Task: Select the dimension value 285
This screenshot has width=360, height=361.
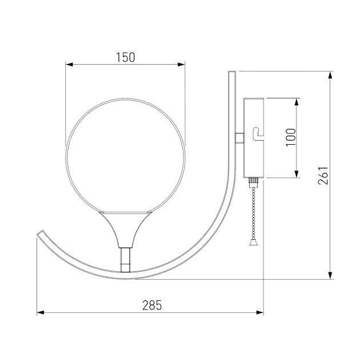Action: point(151,305)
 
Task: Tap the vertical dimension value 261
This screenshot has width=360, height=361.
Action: point(323,175)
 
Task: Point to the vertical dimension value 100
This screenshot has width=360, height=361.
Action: point(290,138)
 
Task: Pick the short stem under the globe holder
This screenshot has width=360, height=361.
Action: point(125,259)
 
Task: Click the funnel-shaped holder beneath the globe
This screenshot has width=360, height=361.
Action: point(125,227)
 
